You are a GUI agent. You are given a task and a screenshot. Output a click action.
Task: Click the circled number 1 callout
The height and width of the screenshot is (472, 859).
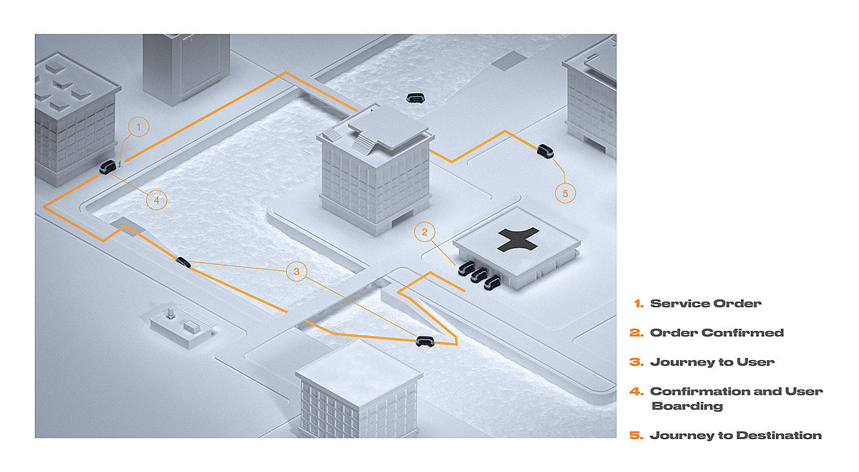138,127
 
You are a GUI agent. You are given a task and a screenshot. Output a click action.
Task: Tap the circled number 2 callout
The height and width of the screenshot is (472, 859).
424,232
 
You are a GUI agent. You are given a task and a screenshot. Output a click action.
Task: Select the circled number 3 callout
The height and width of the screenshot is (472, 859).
296,271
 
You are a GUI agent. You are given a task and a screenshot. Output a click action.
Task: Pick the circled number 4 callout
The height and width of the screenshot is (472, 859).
157,200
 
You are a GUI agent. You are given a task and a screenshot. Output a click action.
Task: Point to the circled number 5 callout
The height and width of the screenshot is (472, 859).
566,193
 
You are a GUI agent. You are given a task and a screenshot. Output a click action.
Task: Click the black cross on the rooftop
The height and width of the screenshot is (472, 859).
518,239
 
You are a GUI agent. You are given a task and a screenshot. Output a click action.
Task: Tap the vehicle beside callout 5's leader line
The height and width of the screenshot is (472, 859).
545,151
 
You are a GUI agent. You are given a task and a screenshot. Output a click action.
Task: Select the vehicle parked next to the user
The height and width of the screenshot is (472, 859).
107,167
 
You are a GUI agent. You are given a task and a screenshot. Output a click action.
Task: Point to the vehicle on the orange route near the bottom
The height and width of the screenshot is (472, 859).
425,341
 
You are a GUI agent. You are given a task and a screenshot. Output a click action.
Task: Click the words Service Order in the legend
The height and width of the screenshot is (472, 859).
706,304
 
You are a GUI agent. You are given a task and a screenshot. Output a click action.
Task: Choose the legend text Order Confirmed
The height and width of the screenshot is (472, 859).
717,333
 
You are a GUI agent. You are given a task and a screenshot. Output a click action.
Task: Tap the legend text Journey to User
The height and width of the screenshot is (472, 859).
712,362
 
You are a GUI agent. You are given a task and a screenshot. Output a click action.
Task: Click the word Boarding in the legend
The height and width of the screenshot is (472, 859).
686,406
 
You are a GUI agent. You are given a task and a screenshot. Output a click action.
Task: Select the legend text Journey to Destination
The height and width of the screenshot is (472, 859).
736,435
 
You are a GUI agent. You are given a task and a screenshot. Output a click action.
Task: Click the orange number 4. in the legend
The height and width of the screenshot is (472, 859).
636,391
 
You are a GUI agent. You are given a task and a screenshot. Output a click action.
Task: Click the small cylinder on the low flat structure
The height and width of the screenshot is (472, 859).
170,313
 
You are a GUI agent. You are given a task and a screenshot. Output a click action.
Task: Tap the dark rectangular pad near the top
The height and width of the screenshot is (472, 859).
510,61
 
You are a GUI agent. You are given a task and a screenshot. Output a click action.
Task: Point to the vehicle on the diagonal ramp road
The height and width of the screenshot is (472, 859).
183,262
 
